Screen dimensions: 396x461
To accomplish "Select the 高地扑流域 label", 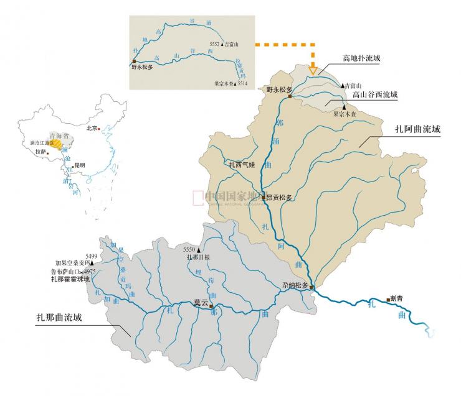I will click(361, 59).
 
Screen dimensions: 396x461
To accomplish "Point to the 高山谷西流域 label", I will click(374, 95).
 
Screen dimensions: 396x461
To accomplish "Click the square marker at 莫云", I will click(211, 306).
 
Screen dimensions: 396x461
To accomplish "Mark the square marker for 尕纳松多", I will click(311, 287).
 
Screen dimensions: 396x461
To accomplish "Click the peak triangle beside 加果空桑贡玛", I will click(92, 263).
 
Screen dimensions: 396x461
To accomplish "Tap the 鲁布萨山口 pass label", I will click(66, 272).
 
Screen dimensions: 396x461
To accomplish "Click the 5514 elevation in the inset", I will click(242, 83).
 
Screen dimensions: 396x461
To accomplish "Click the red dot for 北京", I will click(102, 129).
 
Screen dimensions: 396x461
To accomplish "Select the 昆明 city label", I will click(78, 165).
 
